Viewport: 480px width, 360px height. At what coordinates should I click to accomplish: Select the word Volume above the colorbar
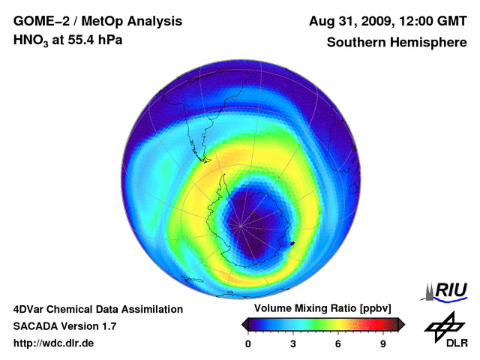274,309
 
